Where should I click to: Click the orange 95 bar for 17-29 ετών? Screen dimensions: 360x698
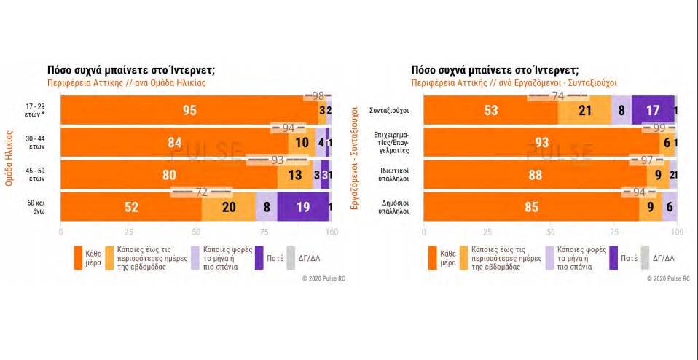(189, 110)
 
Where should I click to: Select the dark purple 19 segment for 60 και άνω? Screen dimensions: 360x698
(303, 207)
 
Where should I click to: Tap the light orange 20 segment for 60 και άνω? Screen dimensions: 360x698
(229, 207)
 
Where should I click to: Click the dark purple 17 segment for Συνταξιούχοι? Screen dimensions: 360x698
(653, 110)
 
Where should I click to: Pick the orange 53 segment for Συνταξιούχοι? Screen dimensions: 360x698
(490, 110)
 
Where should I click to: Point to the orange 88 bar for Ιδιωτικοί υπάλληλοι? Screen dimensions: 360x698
(535, 175)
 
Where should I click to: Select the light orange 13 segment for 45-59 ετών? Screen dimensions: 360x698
(294, 175)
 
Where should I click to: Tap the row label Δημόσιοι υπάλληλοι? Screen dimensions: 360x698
(388, 207)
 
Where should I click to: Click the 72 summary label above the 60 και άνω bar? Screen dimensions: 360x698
(202, 192)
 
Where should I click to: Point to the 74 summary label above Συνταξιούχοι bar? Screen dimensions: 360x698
(558, 95)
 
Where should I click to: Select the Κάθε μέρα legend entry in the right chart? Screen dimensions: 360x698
(448, 257)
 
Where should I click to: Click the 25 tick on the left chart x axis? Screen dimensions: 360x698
(128, 232)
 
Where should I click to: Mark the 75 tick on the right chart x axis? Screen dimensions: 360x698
(613, 232)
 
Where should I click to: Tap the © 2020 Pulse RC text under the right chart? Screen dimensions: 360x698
(669, 278)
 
